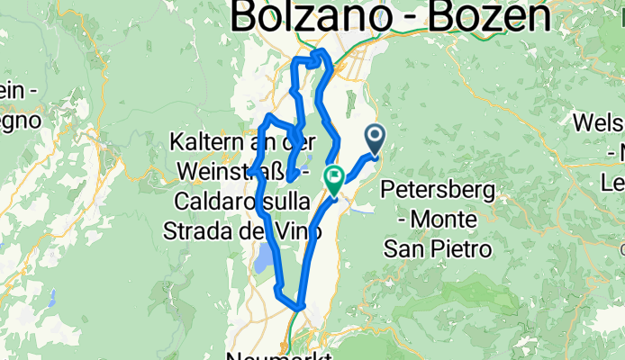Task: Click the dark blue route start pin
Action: coord(375,138)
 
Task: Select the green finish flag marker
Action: coord(334,178)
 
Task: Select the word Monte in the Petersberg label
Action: coord(453,220)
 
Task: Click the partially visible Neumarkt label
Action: coord(279,355)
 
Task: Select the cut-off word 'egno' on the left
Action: coord(18,118)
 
